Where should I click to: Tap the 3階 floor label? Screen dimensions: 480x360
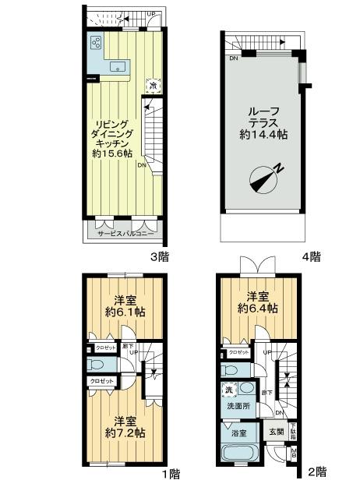(x=161, y=256)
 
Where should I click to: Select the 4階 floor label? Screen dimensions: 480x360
(x=312, y=256)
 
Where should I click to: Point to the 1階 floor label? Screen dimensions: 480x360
(x=171, y=473)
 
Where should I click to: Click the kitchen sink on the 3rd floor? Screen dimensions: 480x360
(x=118, y=66)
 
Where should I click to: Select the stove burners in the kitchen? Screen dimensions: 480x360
(x=96, y=43)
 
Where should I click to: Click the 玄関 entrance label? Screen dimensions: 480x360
(x=276, y=433)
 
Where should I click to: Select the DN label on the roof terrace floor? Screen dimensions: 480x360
(x=233, y=58)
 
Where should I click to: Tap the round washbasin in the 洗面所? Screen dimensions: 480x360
(x=247, y=388)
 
